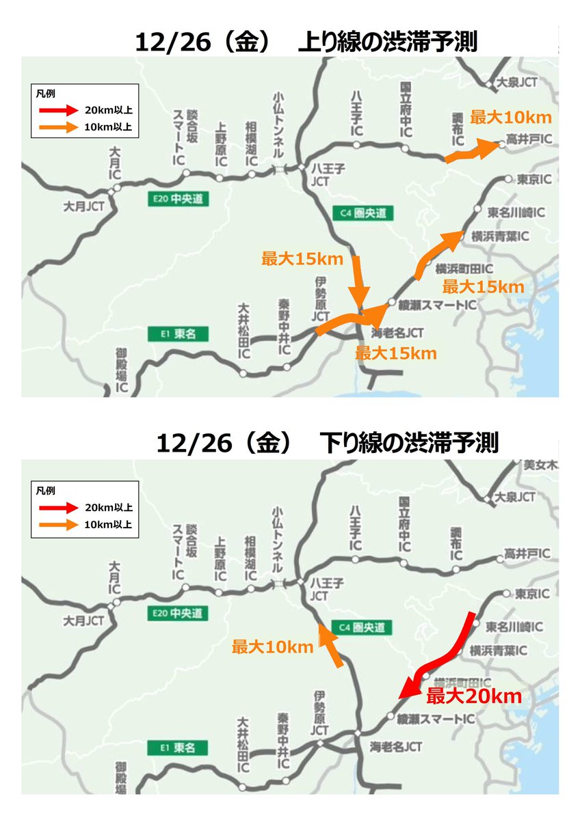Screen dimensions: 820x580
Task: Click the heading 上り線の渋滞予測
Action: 387,42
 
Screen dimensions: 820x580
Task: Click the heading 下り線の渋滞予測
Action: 408,444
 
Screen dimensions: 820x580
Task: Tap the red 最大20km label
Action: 474,697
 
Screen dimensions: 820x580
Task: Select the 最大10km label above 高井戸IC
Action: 510,118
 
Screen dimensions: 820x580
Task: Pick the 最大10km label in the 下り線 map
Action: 272,646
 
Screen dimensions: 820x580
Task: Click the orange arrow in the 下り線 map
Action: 331,644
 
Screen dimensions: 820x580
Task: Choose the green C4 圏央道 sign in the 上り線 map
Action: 363,213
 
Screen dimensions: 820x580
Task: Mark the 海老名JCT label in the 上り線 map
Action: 397,333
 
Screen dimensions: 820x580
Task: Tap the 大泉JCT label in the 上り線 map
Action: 518,81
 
